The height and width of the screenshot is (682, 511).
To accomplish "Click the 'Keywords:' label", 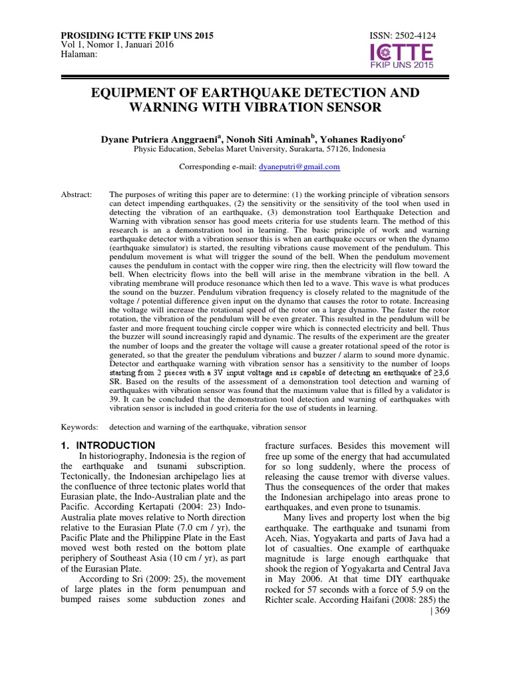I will click(79, 426).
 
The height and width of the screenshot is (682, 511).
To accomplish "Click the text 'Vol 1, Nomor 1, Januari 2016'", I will click(117, 45).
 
